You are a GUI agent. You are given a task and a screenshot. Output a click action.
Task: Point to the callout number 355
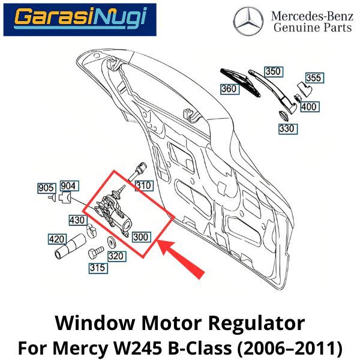pos(314,78)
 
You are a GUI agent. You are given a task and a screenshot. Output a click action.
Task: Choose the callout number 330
pos(286,128)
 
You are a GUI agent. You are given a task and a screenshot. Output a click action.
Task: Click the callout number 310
pos(143,185)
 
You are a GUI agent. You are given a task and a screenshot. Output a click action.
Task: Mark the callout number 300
pos(140,237)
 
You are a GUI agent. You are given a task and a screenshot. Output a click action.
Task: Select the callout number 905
pos(46,187)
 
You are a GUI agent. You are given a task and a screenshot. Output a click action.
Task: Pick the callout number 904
pos(68,187)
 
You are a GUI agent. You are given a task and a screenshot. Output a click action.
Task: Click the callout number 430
pos(76,220)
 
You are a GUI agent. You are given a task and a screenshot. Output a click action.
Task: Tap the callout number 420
pos(56,239)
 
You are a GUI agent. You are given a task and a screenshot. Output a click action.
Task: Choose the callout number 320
pos(116,256)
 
